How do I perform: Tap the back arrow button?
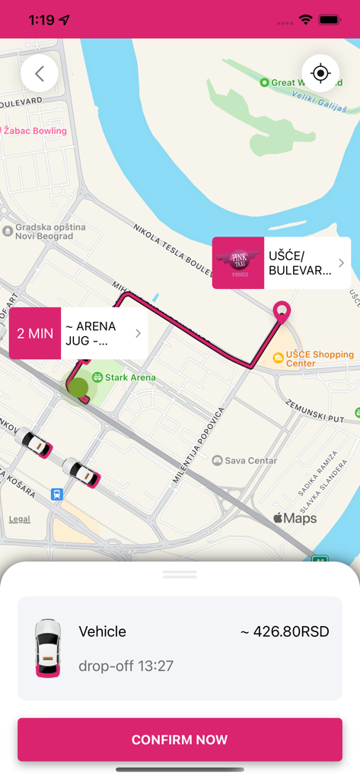40,74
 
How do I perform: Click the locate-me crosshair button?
320,74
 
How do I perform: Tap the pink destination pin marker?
282,312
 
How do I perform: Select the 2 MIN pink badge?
35,333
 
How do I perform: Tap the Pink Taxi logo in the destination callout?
238,263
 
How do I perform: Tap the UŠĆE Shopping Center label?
313,358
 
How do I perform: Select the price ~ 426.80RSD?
285,631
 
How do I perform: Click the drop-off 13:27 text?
126,666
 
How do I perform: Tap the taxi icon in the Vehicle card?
48,647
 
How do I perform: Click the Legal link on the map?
20,519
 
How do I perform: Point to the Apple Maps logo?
295,519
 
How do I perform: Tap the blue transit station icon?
57,494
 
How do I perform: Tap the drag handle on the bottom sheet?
180,574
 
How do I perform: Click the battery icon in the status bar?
330,20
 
